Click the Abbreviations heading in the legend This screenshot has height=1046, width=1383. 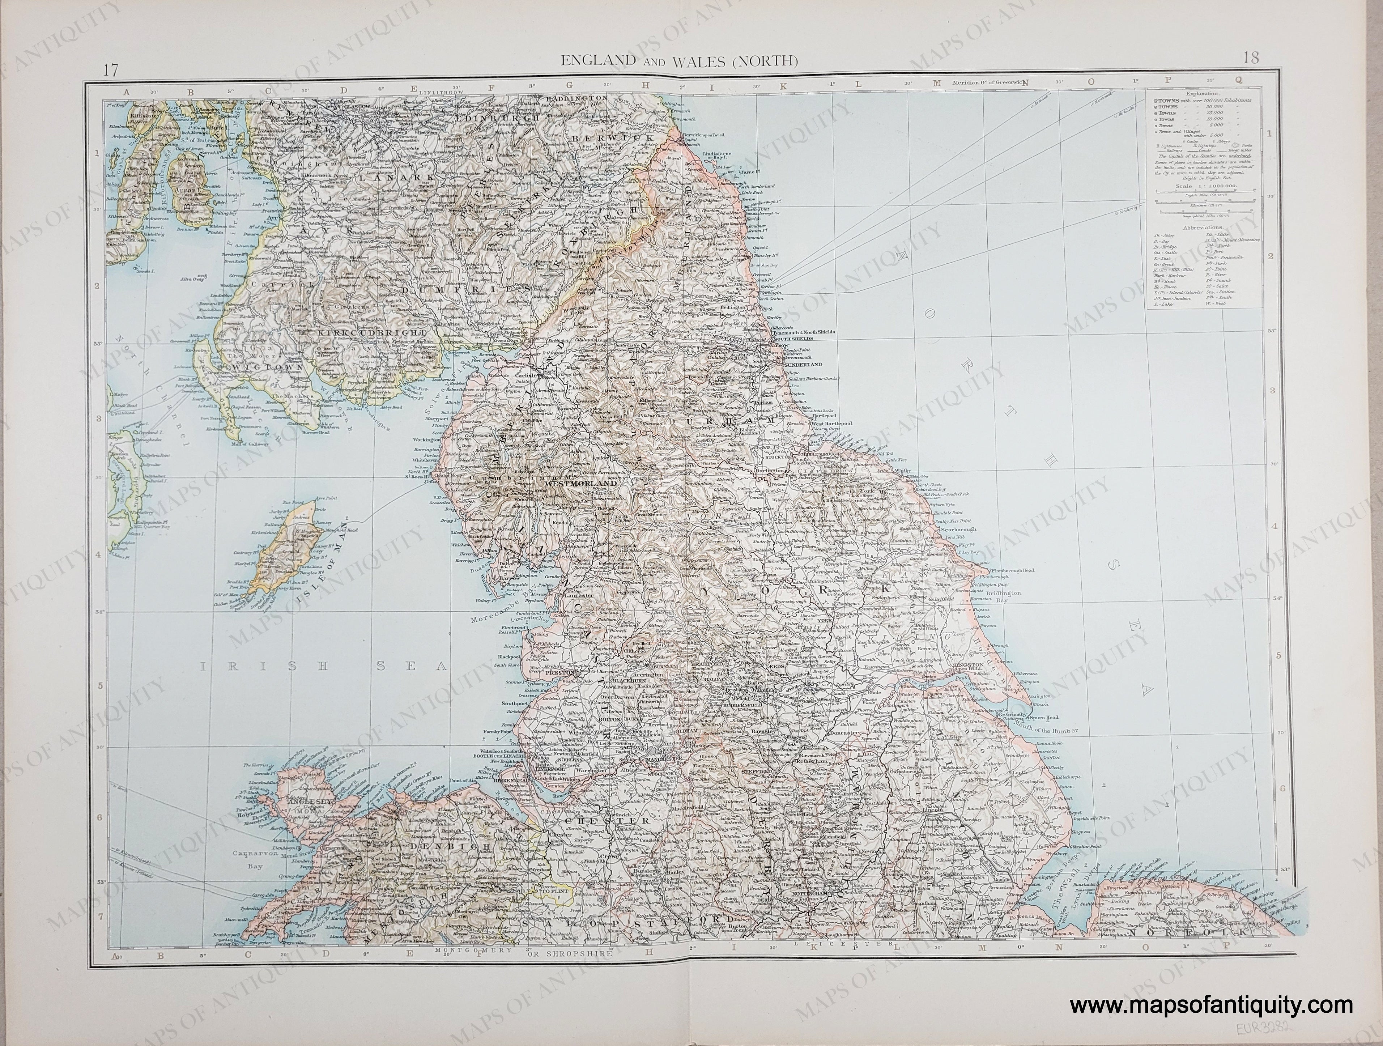click(1200, 228)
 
